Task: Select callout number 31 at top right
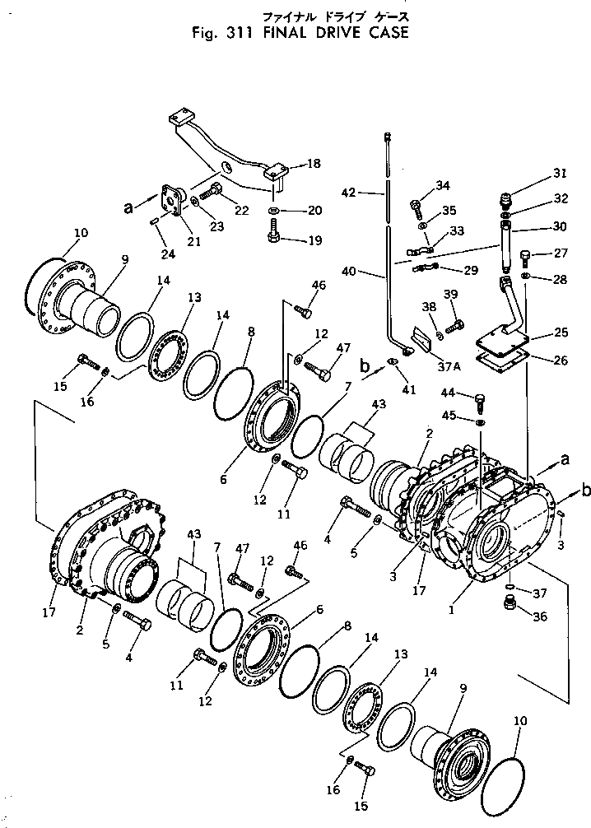coord(560,173)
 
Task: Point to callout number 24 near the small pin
coord(168,254)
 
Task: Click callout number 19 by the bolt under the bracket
coord(291,242)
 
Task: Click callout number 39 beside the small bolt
coord(449,295)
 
